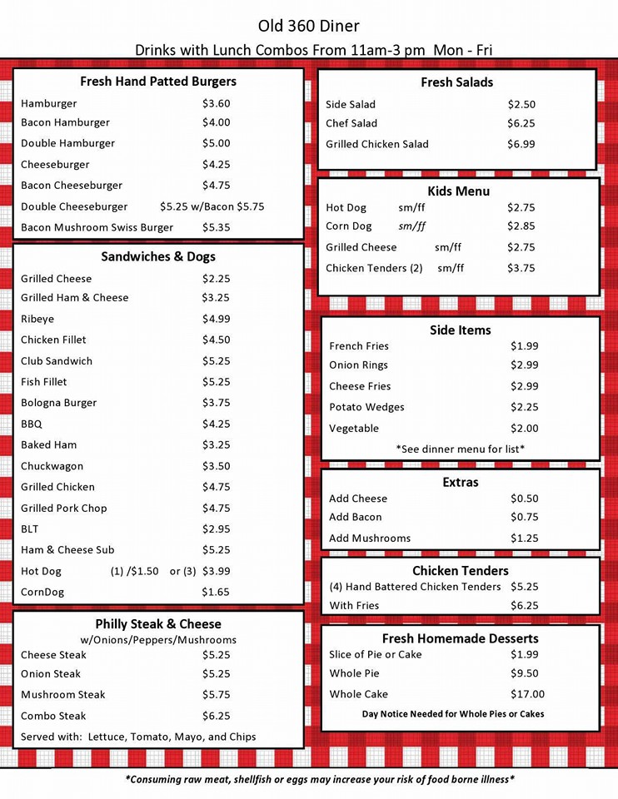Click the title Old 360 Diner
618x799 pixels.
tap(309, 27)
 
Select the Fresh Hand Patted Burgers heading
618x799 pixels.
tap(158, 82)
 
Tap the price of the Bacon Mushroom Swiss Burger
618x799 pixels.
tap(216, 227)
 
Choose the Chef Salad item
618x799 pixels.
tap(351, 123)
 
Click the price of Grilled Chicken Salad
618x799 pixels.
tap(521, 144)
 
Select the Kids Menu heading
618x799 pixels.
tap(458, 191)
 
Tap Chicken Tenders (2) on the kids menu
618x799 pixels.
tap(374, 268)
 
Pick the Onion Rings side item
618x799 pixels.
tap(358, 365)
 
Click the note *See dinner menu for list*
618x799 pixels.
tap(460, 449)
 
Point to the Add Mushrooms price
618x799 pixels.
tap(524, 538)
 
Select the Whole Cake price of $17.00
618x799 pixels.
tap(527, 694)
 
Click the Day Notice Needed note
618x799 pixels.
tap(453, 714)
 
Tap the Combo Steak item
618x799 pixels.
tap(53, 716)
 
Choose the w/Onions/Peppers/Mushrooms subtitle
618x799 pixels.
tap(158, 640)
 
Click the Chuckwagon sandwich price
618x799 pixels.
tap(216, 466)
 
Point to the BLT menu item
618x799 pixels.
tap(30, 529)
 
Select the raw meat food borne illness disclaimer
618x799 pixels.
tap(320, 780)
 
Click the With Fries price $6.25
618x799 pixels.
tap(524, 606)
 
